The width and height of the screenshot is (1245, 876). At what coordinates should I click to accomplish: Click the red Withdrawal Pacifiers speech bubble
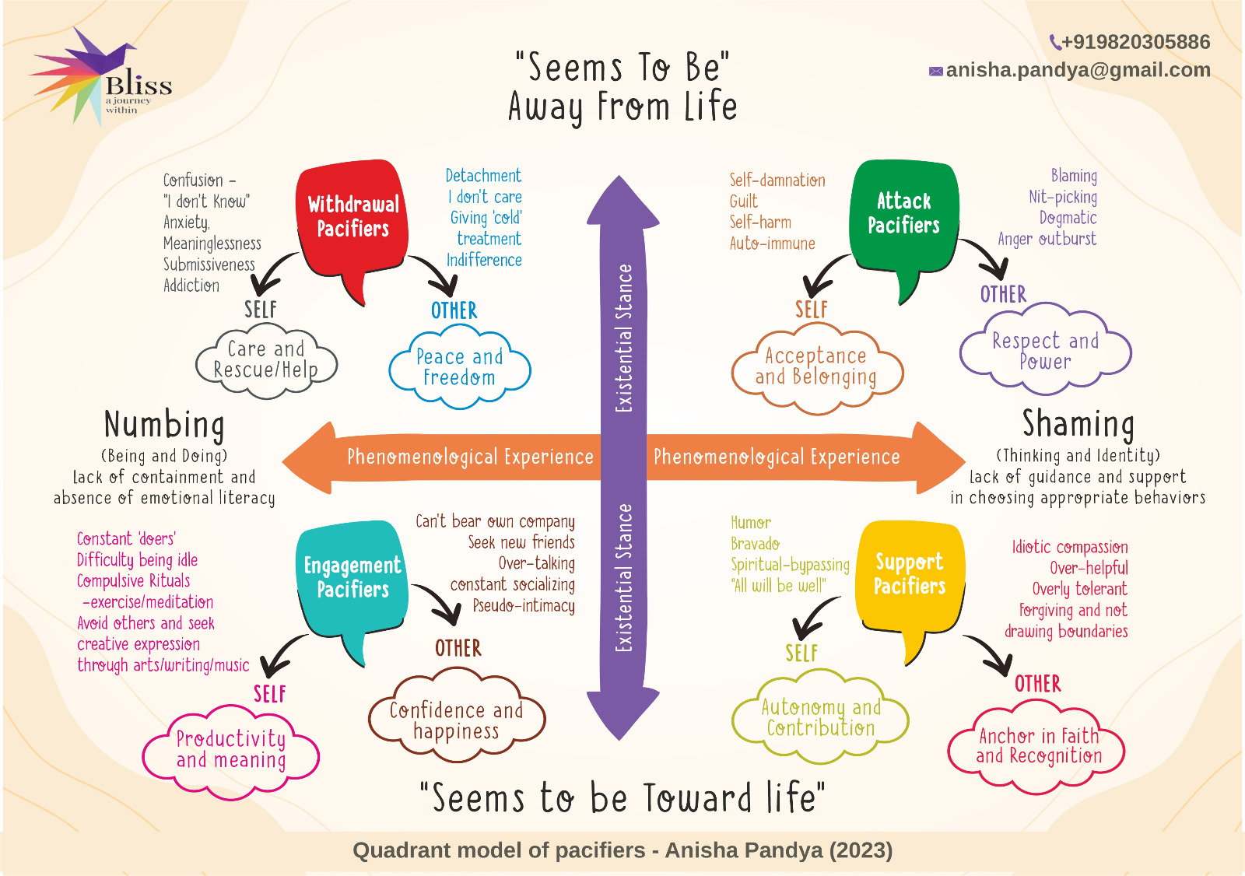tap(352, 218)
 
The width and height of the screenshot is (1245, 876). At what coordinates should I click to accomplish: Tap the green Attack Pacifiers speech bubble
tap(903, 215)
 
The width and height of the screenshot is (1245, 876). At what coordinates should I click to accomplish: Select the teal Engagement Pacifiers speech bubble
tap(352, 578)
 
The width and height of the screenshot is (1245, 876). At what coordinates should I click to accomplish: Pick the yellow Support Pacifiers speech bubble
tap(910, 574)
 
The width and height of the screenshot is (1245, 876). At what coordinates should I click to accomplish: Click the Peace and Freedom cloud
tap(459, 367)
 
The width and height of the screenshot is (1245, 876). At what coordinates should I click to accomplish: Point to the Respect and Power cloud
tap(1045, 351)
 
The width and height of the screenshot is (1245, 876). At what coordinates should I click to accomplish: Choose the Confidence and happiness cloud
tap(456, 720)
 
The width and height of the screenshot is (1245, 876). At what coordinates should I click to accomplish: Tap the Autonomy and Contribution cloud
tap(820, 717)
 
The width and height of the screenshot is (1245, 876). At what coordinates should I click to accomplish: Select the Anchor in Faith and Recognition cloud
tap(1038, 746)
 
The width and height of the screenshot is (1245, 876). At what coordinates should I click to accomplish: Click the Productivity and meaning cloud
tap(231, 749)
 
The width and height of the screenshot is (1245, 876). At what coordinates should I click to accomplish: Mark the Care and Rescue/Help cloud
tap(265, 359)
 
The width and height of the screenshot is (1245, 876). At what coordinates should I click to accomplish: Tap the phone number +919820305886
tap(1135, 42)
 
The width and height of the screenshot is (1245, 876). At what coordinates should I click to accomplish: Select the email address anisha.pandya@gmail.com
tap(1078, 70)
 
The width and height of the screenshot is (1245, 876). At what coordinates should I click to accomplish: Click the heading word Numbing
tap(164, 425)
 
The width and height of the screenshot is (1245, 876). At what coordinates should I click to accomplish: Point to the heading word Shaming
tap(1078, 424)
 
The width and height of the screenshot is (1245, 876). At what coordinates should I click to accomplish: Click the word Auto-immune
tap(772, 244)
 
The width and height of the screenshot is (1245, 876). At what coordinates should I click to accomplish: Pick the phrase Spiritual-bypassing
tap(790, 565)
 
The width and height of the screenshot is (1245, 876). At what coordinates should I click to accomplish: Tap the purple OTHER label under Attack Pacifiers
tap(1003, 295)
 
